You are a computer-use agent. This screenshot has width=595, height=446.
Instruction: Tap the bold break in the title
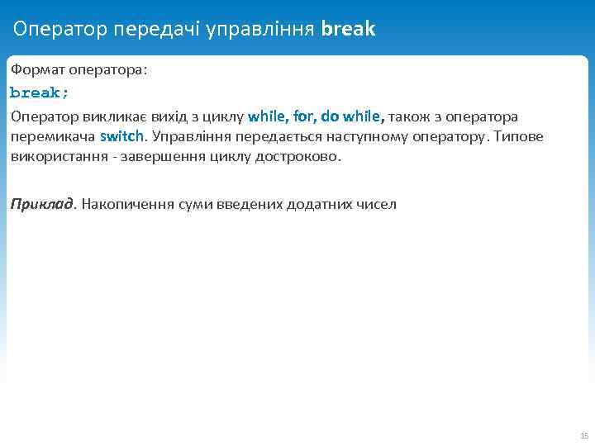348,30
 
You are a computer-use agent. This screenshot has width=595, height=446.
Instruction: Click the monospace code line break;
40,93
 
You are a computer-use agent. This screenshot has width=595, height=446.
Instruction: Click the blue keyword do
331,116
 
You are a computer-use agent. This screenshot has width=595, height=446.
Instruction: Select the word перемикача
52,136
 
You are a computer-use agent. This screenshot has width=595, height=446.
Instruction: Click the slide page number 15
584,435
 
